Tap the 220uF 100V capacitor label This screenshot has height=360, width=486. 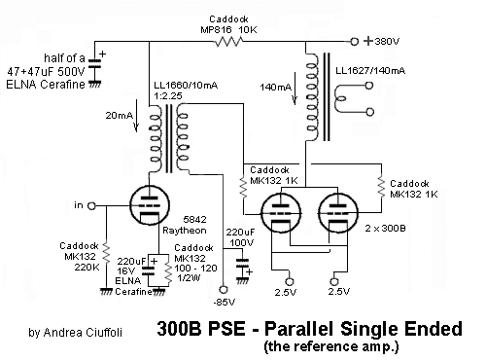(242, 237)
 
